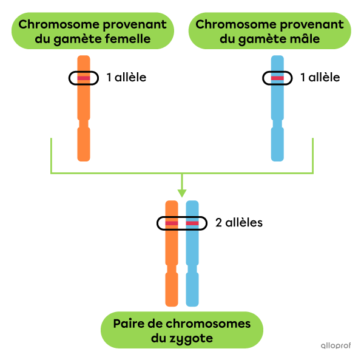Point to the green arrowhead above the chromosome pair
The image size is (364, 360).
[181, 193]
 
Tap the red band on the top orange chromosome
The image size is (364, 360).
[84, 78]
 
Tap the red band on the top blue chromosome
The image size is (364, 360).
[277, 78]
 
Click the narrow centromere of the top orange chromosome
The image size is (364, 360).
[84, 123]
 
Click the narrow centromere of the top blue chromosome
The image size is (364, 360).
[277, 123]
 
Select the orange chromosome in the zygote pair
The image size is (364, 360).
[172, 255]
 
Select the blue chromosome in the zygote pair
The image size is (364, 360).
[192, 255]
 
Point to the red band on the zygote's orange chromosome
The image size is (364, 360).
[172, 223]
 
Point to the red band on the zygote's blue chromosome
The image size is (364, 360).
[192, 223]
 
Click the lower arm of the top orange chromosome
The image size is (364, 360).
[84, 144]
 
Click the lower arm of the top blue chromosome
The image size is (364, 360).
[277, 144]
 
